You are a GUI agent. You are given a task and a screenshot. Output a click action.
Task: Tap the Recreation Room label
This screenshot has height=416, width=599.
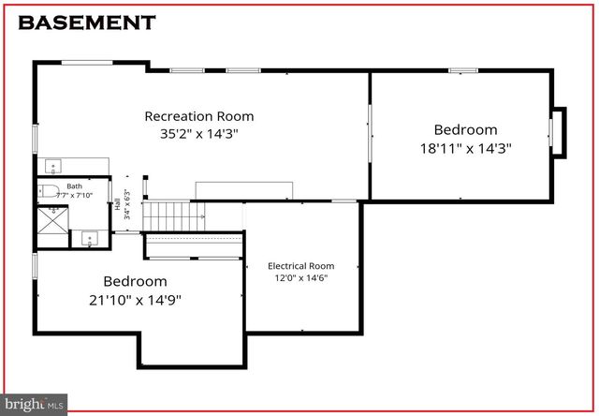click(x=198, y=116)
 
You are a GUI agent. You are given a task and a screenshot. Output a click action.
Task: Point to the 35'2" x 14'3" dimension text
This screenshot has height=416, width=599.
click(x=198, y=134)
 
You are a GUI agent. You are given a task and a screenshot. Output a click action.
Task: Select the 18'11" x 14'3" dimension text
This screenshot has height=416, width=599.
click(x=465, y=147)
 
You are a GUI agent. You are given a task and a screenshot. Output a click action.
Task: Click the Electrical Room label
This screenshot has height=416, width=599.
click(x=300, y=266)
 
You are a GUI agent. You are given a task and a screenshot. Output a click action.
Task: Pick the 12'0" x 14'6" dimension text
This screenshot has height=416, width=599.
click(x=300, y=278)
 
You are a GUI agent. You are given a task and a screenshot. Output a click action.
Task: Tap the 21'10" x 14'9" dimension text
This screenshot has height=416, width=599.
click(x=135, y=299)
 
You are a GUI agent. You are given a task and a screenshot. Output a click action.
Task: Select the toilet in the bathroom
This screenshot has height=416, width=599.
click(x=51, y=192)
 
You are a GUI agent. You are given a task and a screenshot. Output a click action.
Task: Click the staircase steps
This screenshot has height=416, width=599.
click(x=173, y=215)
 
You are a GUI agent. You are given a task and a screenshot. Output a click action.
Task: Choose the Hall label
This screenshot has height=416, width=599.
click(x=115, y=205)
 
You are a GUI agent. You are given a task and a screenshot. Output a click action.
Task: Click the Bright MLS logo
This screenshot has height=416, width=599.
click(x=35, y=404)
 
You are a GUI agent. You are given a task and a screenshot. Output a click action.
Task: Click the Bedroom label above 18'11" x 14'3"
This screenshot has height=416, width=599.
click(x=465, y=129)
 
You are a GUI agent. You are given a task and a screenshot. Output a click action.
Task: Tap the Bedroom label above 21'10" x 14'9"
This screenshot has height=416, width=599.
click(x=135, y=281)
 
